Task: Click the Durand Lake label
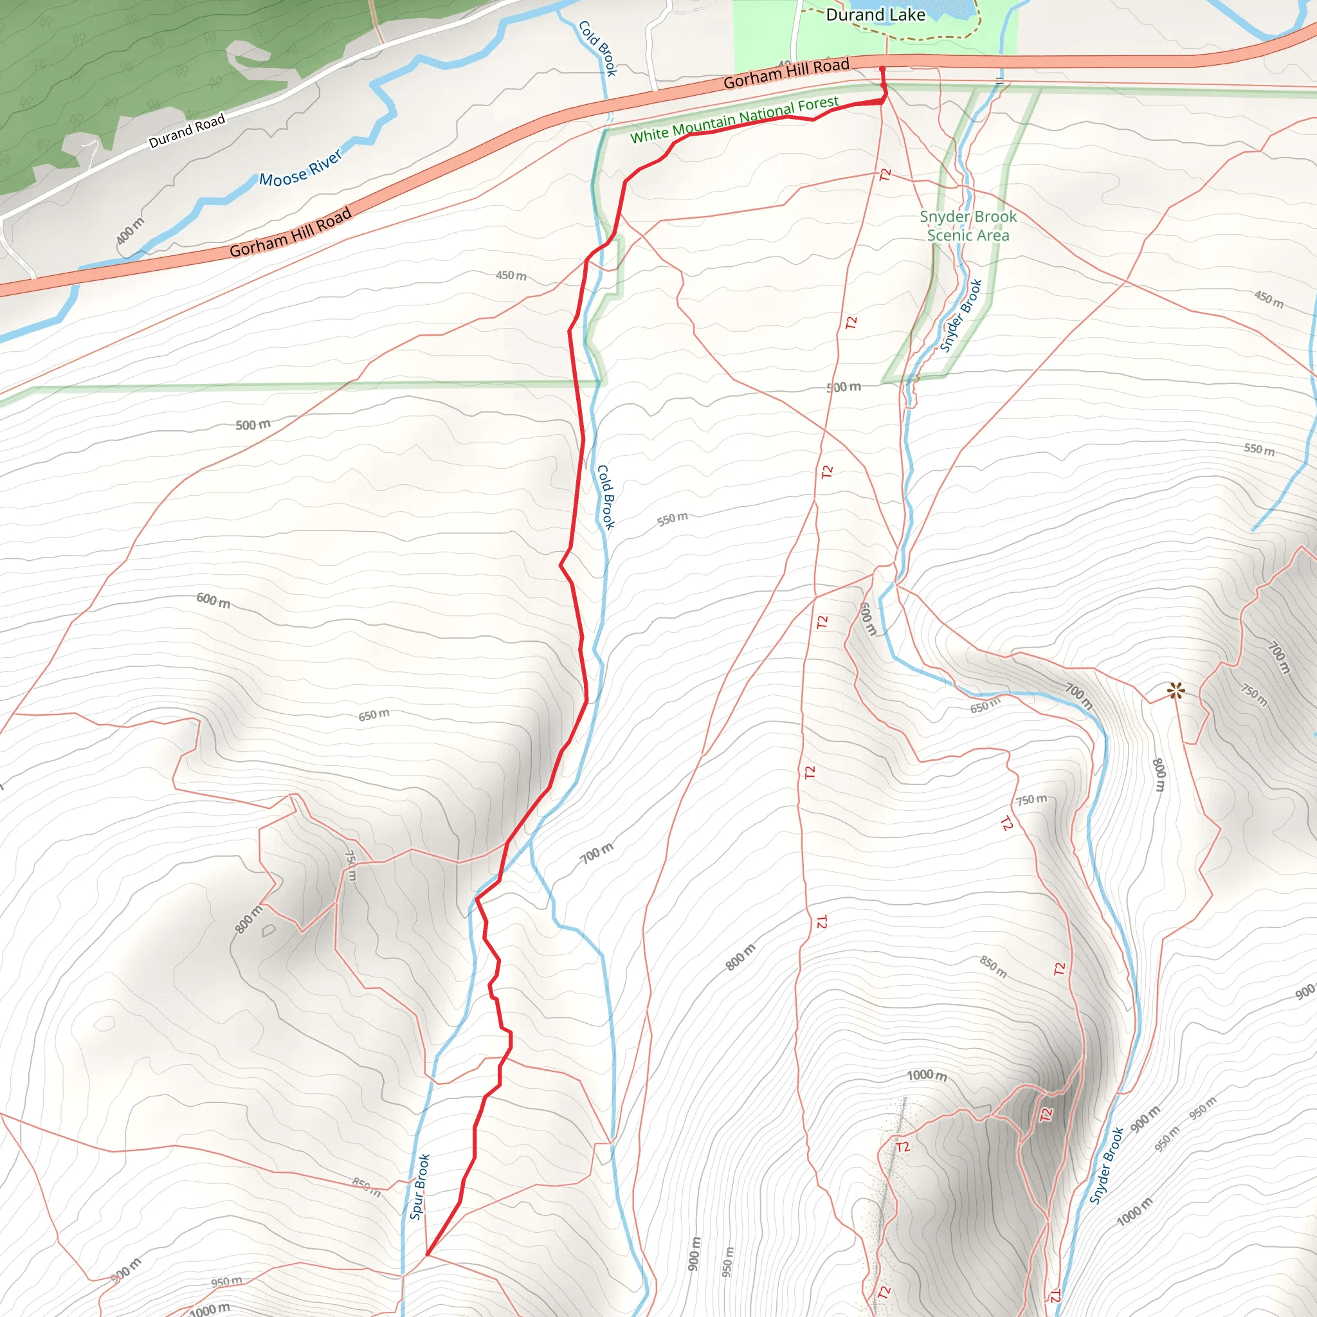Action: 875,15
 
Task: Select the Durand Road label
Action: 186,132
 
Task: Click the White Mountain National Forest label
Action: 734,120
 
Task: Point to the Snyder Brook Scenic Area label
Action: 968,226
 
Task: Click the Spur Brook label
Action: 419,1187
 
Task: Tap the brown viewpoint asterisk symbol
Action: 1176,691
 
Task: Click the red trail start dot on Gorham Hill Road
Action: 882,69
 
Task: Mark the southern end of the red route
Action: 428,1253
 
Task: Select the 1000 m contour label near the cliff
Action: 927,1075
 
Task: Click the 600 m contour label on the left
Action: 213,601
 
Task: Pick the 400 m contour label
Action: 129,231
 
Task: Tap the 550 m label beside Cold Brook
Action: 672,520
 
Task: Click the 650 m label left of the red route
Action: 374,714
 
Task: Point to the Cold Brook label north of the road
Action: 598,48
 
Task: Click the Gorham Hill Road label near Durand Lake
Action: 786,73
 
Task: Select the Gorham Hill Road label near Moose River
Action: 291,232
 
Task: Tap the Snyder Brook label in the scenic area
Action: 961,315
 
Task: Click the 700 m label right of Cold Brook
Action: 597,853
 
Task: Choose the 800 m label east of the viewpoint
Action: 1159,774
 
